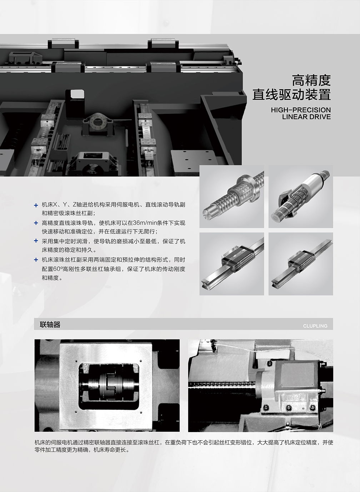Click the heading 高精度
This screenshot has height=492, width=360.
311,81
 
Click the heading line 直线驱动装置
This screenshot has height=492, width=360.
291,95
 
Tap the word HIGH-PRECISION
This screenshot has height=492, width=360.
301,110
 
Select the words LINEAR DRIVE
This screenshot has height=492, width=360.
306,117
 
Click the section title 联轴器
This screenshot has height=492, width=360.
50,325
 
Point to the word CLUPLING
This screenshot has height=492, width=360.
315,326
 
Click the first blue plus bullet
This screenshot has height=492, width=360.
36,205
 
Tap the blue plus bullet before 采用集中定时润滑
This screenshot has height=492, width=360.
36,241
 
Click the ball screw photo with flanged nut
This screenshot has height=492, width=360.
231,196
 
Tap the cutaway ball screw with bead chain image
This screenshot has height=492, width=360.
301,196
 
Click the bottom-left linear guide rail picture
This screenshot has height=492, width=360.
231,264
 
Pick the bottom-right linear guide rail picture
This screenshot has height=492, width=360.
301,264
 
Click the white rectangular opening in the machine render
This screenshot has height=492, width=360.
77,94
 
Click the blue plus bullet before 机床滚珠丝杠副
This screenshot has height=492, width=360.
36,260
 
